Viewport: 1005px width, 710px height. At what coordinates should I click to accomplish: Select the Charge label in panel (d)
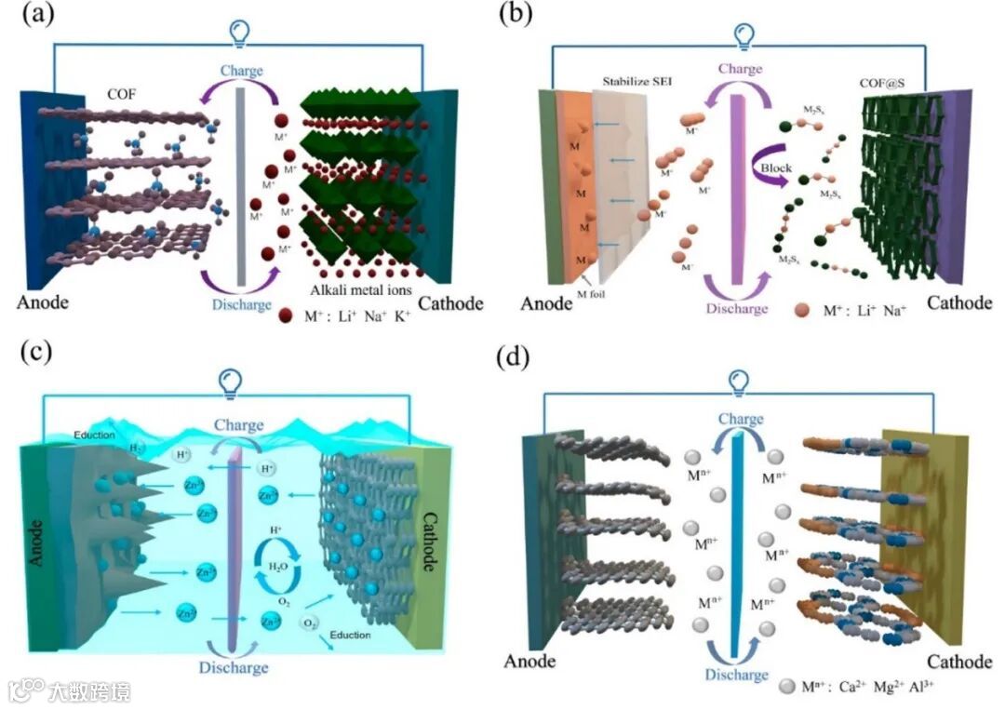coord(741,421)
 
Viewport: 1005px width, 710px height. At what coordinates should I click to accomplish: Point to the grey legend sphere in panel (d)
coord(786,687)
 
